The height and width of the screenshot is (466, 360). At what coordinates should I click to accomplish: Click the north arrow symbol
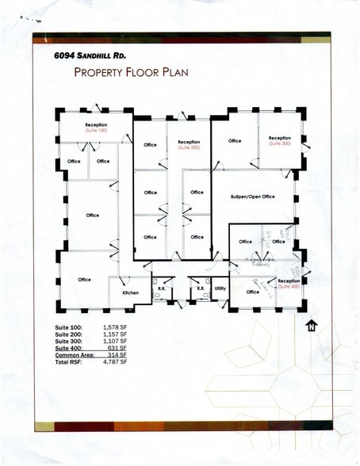(311, 323)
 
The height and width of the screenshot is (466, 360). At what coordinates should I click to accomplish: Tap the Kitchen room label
(130, 293)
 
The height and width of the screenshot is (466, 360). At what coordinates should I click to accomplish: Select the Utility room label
(220, 288)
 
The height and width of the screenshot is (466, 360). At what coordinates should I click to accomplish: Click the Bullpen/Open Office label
(251, 195)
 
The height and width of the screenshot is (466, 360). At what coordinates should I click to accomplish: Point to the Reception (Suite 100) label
(96, 127)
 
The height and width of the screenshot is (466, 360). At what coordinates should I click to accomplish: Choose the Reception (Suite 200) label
(189, 144)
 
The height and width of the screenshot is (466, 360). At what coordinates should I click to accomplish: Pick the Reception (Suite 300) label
(280, 140)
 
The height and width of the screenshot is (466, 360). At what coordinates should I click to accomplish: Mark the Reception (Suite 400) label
(289, 283)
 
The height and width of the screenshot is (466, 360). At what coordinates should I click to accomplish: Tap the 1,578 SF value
(115, 327)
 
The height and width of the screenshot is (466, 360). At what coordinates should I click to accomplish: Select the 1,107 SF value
(115, 341)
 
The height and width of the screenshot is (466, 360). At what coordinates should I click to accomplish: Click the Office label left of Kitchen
(85, 280)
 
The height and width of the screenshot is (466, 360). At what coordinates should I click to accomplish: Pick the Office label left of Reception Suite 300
(235, 141)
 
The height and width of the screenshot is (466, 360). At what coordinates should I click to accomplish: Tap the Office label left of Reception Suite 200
(150, 145)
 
